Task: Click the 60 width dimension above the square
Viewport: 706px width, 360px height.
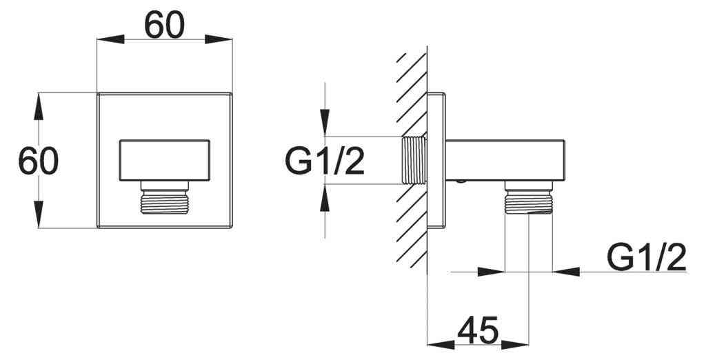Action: point(165,26)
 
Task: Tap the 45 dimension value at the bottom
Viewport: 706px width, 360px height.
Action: point(478,331)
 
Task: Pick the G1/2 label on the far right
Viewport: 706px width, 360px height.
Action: point(647,259)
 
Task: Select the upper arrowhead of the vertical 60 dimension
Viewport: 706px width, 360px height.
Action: point(39,103)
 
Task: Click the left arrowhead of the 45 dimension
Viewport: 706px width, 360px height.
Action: point(438,343)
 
